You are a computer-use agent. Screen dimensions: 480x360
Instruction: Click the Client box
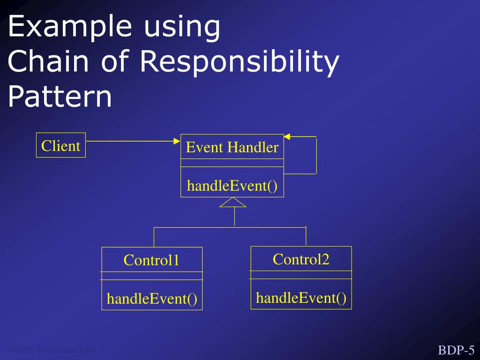pos(61,146)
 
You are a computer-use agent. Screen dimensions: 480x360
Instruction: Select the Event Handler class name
pos(232,148)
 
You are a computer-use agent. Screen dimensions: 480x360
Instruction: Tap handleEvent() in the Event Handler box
pos(232,186)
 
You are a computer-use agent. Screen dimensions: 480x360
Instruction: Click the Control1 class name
pos(151,260)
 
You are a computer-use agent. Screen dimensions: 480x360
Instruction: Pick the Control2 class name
pos(301,259)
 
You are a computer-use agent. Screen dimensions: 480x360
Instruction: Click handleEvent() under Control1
pos(152,298)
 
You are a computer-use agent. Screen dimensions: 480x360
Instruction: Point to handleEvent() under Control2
pos(301,298)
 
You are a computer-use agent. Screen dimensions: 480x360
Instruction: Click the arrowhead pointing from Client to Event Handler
pos(177,141)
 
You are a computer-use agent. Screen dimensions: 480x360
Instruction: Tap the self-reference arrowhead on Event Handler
pos(287,136)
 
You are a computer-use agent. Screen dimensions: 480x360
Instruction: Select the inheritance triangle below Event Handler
pos(232,202)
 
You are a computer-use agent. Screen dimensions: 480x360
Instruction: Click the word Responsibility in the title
pos(239,62)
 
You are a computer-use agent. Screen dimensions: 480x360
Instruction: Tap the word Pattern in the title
pos(60,97)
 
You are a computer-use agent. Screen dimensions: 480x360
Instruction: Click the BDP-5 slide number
pos(456,350)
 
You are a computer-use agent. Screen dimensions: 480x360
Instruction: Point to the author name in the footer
pos(49,349)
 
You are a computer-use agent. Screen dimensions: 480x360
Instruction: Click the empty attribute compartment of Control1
pos(152,276)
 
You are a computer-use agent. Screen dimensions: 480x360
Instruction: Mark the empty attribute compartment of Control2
pos(301,275)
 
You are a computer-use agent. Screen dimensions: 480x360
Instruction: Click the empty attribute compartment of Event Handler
pos(232,163)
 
